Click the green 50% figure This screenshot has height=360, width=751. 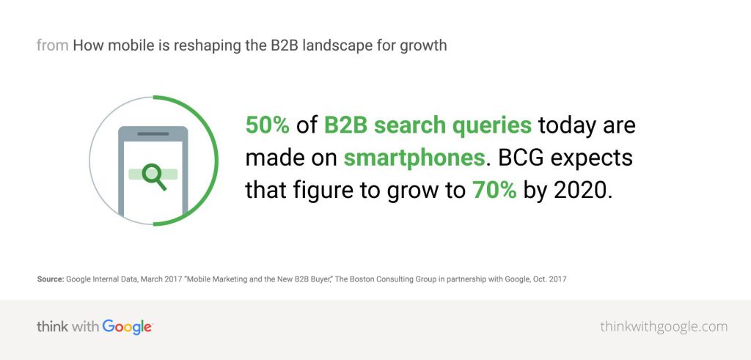pyautogui.click(x=268, y=125)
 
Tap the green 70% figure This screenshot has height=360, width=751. pyautogui.click(x=491, y=190)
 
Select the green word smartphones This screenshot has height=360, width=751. pyautogui.click(x=414, y=158)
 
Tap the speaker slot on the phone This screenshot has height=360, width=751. pyautogui.click(x=153, y=134)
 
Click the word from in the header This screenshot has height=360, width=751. pyautogui.click(x=52, y=45)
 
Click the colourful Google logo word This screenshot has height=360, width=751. pyautogui.click(x=127, y=326)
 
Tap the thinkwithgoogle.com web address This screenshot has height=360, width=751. pyautogui.click(x=663, y=326)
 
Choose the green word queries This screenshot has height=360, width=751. pyautogui.click(x=491, y=125)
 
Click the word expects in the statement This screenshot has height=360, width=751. pyautogui.click(x=596, y=158)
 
